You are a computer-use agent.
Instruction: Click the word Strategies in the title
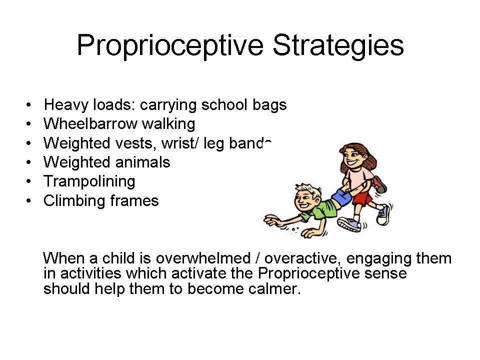tap(338, 45)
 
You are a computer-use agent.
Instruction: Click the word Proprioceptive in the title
tap(170, 45)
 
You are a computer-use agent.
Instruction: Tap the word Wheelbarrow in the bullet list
tap(90, 124)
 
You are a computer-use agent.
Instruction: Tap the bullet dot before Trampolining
tap(29, 182)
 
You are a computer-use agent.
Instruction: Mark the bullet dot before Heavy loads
tap(29, 105)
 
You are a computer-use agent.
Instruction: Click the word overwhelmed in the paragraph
tap(203, 258)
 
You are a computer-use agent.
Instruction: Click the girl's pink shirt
tap(357, 177)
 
